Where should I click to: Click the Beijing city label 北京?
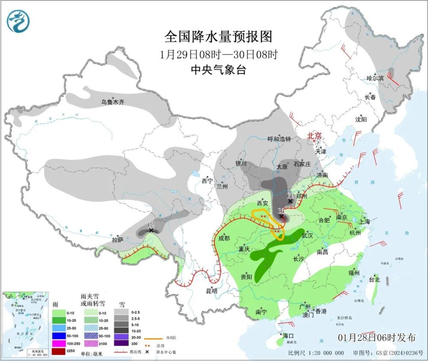(x=314, y=136)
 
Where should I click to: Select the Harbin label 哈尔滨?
(x=375, y=78)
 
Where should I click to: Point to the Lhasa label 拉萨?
(x=118, y=240)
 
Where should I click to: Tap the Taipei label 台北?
(x=374, y=280)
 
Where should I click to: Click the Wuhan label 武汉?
(x=307, y=235)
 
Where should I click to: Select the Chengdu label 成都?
(x=224, y=238)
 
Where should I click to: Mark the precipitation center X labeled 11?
(x=291, y=201)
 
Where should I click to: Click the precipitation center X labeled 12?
(x=151, y=230)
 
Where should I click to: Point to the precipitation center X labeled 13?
(x=281, y=216)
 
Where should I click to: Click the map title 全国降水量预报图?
(x=218, y=37)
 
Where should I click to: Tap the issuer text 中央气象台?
(x=218, y=70)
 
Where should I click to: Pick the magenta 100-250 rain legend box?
(x=59, y=343)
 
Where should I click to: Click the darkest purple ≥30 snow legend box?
(x=122, y=343)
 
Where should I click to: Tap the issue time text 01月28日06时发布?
(x=376, y=338)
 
